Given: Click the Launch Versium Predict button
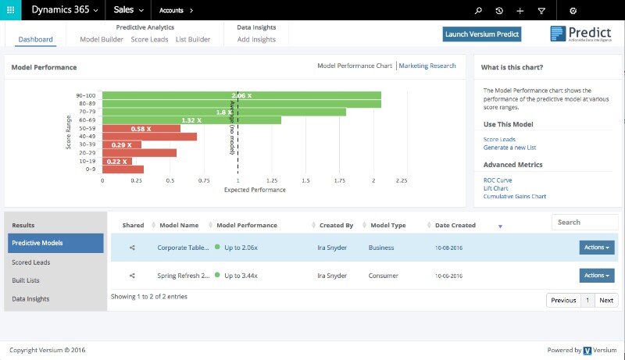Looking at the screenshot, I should pos(481,34).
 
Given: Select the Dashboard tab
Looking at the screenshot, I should pos(36,39).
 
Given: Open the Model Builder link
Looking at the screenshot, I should pos(102,39).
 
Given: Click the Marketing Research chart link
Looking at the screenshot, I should pos(427,66).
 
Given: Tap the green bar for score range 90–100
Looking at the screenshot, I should pos(241,95).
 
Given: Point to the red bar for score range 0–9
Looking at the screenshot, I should pos(123,169).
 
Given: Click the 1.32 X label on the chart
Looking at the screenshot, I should pos(191,120).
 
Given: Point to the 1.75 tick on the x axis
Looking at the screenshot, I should pos(340,180).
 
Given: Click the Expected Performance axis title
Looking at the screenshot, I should pos(255,190).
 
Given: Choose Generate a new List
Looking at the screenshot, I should pos(509,148).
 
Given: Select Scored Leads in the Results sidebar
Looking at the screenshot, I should pos(31,262).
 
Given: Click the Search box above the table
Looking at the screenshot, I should pos(584,223).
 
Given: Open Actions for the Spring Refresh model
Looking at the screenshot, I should pos(596,276).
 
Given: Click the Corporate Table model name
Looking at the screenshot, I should pos(184,248).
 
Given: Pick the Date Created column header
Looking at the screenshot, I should pos(455,226).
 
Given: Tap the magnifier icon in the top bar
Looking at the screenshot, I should pos(478,11).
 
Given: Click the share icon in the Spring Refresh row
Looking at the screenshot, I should pos(133,276).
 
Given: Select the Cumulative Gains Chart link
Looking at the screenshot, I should pos(515,196).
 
